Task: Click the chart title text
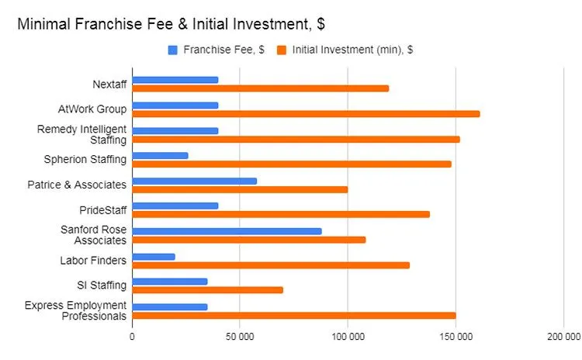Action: tap(171, 24)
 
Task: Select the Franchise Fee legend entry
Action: tap(217, 50)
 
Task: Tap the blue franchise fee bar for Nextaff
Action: tap(175, 80)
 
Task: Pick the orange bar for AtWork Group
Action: tap(306, 114)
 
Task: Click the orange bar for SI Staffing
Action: tap(207, 290)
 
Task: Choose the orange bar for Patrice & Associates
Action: tap(240, 189)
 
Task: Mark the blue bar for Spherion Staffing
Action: tap(160, 155)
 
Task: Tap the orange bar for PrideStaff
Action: tap(280, 214)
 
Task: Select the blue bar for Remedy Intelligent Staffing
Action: tap(175, 130)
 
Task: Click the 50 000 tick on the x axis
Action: tap(239, 337)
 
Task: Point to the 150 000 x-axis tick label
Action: tap(456, 337)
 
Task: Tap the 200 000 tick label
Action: tap(563, 337)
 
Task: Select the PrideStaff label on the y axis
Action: tap(103, 210)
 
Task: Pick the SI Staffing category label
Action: tap(102, 286)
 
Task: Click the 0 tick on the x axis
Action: tap(132, 337)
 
